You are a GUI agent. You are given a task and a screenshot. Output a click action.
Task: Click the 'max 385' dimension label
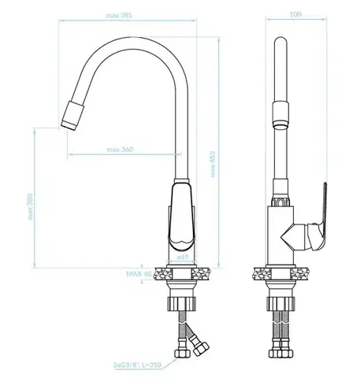point(119,15)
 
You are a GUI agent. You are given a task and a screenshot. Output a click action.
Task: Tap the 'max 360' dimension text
point(120,150)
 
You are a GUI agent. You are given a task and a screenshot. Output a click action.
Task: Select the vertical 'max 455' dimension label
point(213,164)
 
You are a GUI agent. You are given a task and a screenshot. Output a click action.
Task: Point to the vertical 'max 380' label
point(31,206)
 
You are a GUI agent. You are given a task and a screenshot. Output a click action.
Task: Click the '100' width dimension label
point(295,14)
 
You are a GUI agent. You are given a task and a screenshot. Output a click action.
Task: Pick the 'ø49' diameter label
point(183,258)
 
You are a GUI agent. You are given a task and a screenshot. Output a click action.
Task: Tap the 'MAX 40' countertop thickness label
point(139,274)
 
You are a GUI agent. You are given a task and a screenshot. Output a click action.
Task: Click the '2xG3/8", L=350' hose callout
point(137,365)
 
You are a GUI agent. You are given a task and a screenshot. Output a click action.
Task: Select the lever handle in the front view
point(182,217)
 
